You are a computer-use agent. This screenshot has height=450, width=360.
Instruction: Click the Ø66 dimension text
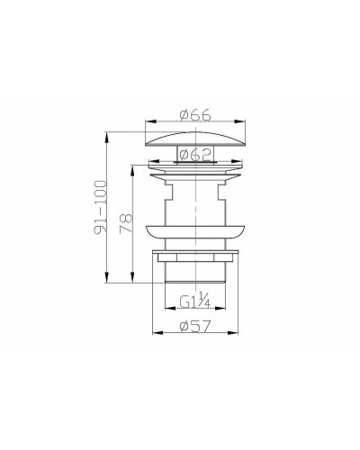(x=194, y=115)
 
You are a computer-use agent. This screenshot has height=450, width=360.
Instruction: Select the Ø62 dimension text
(x=194, y=153)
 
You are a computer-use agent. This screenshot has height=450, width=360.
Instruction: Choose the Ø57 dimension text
(x=195, y=326)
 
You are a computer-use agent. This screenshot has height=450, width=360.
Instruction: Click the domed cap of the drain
(x=194, y=137)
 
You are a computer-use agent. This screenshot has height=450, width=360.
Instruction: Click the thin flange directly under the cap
(x=194, y=166)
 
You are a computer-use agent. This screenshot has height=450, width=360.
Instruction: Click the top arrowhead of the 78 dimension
(x=137, y=164)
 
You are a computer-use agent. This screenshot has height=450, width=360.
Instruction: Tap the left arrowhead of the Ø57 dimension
(x=155, y=334)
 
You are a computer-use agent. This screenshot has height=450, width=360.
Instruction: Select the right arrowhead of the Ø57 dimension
(x=236, y=334)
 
